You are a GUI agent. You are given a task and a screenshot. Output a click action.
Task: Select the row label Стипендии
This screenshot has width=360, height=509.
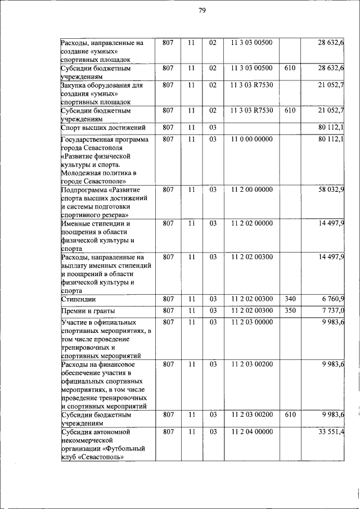coord(78,299)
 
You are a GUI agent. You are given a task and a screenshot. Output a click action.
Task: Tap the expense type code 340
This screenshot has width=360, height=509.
coord(290,299)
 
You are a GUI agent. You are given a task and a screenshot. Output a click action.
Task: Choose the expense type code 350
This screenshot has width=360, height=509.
coord(290,310)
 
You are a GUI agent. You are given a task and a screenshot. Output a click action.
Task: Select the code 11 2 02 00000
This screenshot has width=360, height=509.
coord(251,223)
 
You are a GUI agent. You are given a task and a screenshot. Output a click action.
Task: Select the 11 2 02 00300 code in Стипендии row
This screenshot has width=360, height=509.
coord(251,299)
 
